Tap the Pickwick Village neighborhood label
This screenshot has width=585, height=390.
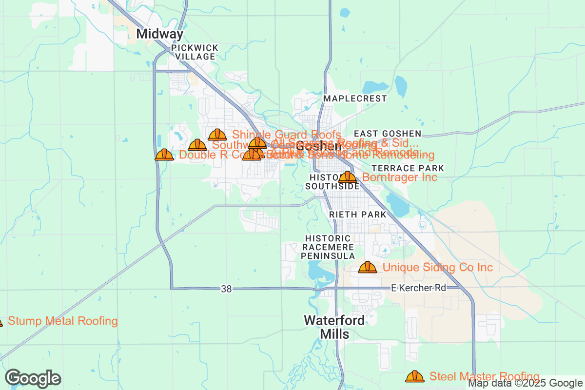pos(195,52)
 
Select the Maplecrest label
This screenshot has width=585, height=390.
pos(355,98)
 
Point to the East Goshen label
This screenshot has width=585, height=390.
pos(387,134)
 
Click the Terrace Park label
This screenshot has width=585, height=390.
pos(401,168)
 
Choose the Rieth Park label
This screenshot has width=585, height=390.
pos(357,214)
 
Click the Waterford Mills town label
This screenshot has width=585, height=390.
pos(334,327)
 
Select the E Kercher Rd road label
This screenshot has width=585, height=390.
pos(418,288)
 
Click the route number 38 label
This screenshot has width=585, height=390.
pos(226,289)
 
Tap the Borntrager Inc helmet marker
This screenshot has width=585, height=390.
pos(348,177)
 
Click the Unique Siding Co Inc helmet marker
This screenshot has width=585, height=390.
pos(368,267)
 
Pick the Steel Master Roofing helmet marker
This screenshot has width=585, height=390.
pos(415,376)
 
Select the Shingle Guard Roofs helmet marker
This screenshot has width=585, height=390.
pos(217,135)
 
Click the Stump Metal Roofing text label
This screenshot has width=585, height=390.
pos(63,321)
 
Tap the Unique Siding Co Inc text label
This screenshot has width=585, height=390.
pos(437,268)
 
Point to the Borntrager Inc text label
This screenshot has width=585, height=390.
pos(400,177)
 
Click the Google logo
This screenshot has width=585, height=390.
pos(33,378)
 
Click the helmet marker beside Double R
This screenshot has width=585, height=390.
pos(164,155)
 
